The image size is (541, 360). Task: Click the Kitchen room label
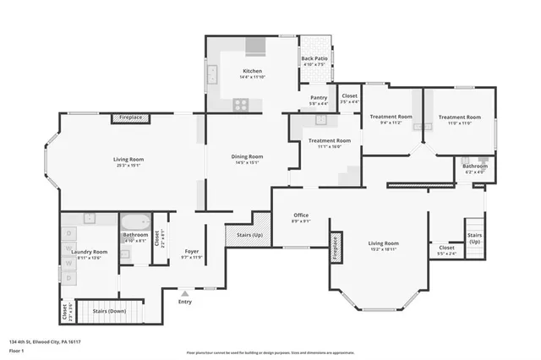(252, 71)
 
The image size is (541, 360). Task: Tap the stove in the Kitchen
(241, 105)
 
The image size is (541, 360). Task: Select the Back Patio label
(314, 59)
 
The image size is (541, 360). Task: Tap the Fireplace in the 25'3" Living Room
(130, 117)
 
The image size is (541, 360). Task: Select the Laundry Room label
(89, 252)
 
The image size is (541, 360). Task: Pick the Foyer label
(192, 252)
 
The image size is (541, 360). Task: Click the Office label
(301, 215)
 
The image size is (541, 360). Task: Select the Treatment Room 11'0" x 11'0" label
(459, 117)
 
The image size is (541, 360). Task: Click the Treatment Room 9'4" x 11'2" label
(391, 117)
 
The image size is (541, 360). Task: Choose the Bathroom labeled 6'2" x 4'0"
(474, 166)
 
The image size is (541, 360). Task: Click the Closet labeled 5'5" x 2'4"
(446, 248)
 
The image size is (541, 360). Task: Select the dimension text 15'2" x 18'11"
(383, 249)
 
